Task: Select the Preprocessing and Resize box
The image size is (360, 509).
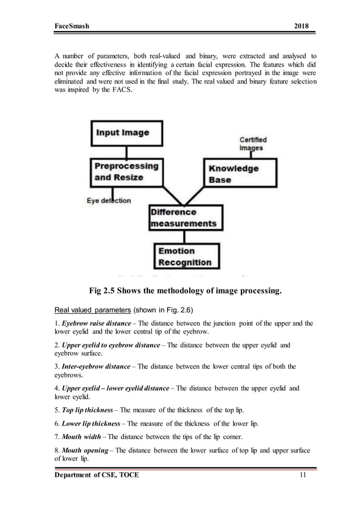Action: (126, 172)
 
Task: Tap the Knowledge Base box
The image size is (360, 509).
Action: (240, 173)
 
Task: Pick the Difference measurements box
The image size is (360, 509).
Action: (183, 218)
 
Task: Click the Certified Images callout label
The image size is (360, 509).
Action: (253, 144)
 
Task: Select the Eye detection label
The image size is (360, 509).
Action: (108, 200)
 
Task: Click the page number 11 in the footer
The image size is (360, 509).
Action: (304, 476)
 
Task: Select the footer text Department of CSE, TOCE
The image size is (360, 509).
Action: (96, 476)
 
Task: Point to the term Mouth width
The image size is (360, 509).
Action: (82, 437)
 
